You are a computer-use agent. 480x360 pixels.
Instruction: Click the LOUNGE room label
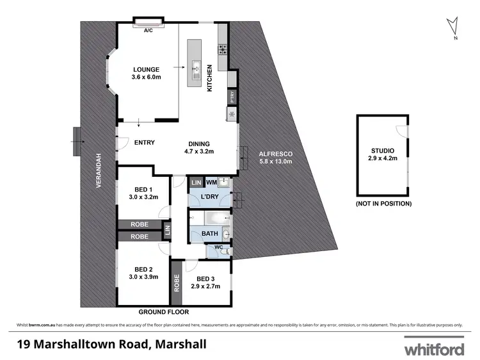pyautogui.click(x=145, y=70)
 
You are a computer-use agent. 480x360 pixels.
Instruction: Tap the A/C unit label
pyautogui.click(x=148, y=30)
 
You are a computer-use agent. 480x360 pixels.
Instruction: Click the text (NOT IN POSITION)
pyautogui.click(x=383, y=203)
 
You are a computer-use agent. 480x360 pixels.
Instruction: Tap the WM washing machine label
pyautogui.click(x=210, y=183)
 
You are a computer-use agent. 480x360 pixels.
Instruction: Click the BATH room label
pyautogui.click(x=210, y=234)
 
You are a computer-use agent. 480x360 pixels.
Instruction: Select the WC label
pyautogui.click(x=218, y=247)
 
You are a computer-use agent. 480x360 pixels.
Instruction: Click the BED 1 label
pyautogui.click(x=143, y=189)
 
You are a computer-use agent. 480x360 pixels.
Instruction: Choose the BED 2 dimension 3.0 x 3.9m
pyautogui.click(x=143, y=277)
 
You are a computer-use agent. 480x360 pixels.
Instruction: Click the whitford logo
pyautogui.click(x=433, y=348)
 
